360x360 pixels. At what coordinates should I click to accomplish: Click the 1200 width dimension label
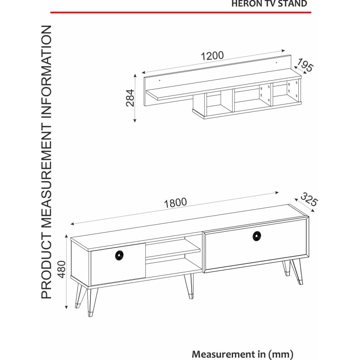pyautogui.click(x=212, y=56)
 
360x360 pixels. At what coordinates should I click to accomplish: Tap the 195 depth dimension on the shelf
pyautogui.click(x=305, y=65)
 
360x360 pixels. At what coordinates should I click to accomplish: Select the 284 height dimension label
pyautogui.click(x=130, y=98)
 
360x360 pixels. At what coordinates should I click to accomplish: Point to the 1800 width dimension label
pyautogui.click(x=175, y=203)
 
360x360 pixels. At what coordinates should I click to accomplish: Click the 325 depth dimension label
pyautogui.click(x=309, y=199)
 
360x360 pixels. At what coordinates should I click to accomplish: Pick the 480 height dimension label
pyautogui.click(x=62, y=269)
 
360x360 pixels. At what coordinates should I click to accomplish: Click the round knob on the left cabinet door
pyautogui.click(x=119, y=256)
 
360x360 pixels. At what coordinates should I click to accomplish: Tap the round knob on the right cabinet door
pyautogui.click(x=256, y=236)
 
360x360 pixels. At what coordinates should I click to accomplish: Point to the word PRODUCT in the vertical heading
pyautogui.click(x=47, y=266)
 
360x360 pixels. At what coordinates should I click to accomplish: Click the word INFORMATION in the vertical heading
pyautogui.click(x=47, y=72)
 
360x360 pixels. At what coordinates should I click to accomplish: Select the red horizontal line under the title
pyautogui.click(x=181, y=13)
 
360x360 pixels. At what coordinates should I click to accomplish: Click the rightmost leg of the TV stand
pyautogui.click(x=297, y=272)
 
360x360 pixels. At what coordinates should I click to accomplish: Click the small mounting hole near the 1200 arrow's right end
pyautogui.click(x=276, y=62)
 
